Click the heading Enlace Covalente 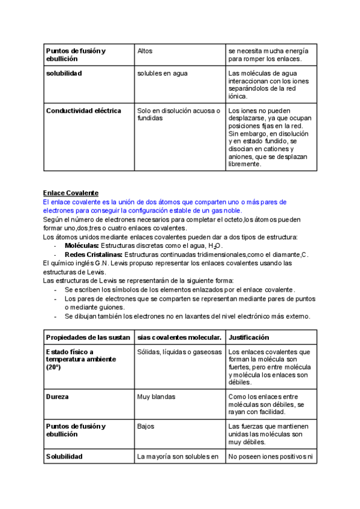pos(70,193)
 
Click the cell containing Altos pos(145,51)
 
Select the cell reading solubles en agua pos(162,73)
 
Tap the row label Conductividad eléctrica pos(83,110)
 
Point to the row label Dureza pos(57,397)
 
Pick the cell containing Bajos pos(146,426)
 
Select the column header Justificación pos(249,337)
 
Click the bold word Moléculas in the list pos(82,246)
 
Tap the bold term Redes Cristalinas pos(93,254)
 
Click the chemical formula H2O pos(214,247)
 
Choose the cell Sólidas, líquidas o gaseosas pos(179,352)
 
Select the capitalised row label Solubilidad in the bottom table pos(64,456)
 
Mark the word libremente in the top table pos(245,164)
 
